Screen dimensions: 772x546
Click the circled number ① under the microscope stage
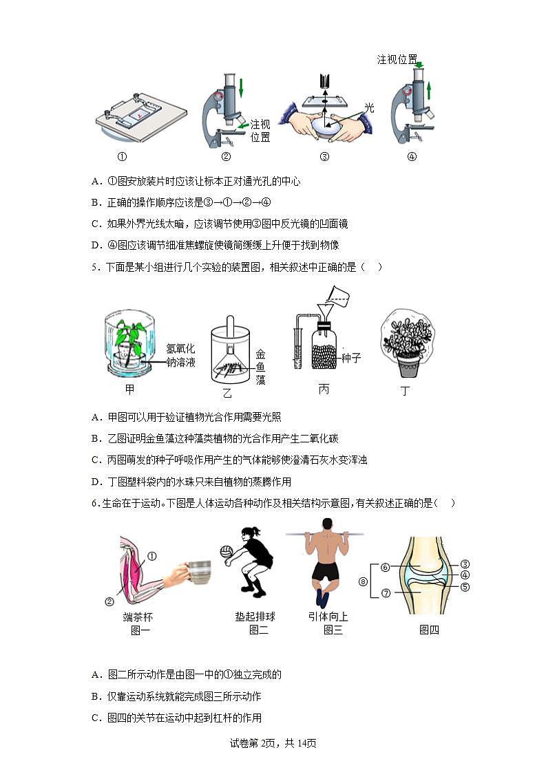(x=122, y=156)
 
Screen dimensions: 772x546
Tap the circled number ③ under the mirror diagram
(x=324, y=156)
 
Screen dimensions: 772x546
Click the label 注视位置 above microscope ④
(x=397, y=60)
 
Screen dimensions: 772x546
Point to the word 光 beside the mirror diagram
(x=369, y=108)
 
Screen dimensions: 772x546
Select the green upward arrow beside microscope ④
(x=428, y=90)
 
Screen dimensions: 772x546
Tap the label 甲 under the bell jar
(x=129, y=390)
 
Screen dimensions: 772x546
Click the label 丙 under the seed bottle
(x=324, y=389)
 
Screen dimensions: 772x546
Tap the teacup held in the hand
(x=199, y=572)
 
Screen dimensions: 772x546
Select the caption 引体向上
(x=328, y=616)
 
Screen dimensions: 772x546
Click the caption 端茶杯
(x=138, y=616)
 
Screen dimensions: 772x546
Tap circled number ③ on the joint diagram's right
(x=465, y=564)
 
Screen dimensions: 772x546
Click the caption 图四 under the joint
(x=429, y=630)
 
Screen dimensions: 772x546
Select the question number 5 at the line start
(x=94, y=267)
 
